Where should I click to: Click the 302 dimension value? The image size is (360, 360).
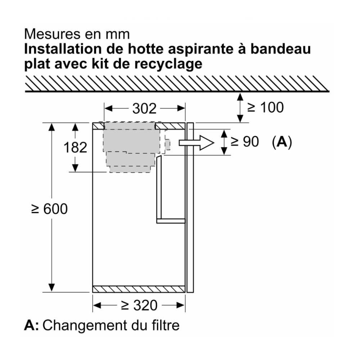point(144,108)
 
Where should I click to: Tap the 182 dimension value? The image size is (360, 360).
point(75,147)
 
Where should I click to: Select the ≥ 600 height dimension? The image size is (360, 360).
point(50,209)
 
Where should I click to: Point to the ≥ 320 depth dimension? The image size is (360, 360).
point(139,305)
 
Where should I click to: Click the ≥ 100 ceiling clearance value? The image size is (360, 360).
point(265,107)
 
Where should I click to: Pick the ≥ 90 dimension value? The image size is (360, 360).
point(245,141)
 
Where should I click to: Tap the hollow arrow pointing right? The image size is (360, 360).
point(196,143)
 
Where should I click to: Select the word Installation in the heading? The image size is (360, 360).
point(63,49)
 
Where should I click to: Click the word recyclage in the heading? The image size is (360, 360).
point(168,64)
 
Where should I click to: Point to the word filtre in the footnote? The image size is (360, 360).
point(166,325)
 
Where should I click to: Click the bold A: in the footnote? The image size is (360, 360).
point(31,325)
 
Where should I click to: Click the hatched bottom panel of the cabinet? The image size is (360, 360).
point(139,289)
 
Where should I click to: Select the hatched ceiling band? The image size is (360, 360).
point(177,84)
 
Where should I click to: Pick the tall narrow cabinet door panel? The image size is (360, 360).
point(190,208)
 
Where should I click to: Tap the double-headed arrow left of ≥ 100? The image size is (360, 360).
point(240,107)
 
